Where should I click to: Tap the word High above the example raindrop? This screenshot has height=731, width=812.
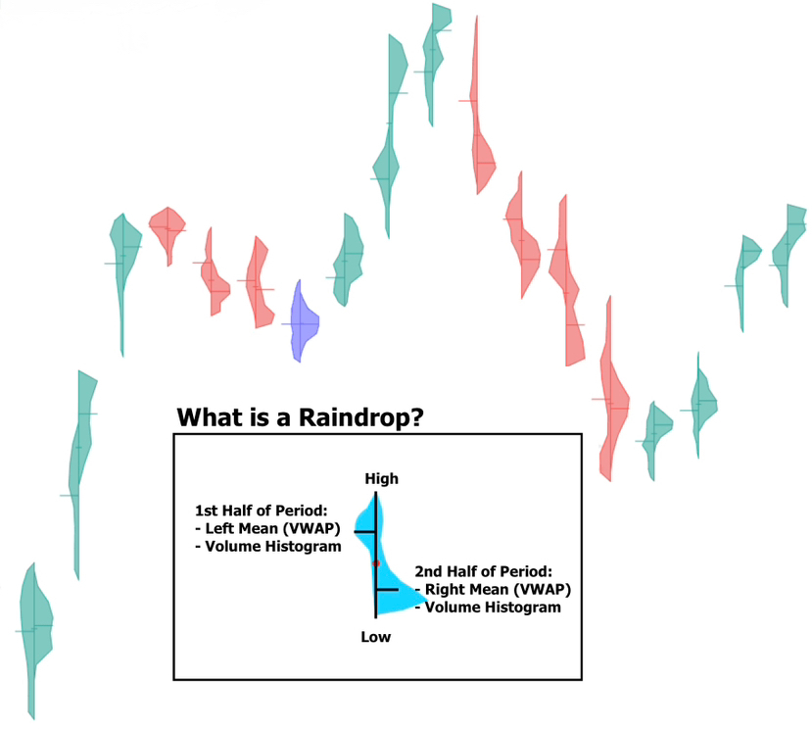tap(381, 478)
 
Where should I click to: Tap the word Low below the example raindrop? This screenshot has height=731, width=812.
tap(375, 637)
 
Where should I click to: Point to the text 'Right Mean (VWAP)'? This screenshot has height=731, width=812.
tap(495, 590)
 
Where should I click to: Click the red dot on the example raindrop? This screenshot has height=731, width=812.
tap(375, 562)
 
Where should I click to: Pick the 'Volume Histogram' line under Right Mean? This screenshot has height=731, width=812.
tap(489, 608)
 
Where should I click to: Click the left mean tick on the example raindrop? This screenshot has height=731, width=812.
tap(363, 531)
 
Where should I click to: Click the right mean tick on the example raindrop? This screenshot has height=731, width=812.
tap(386, 590)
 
